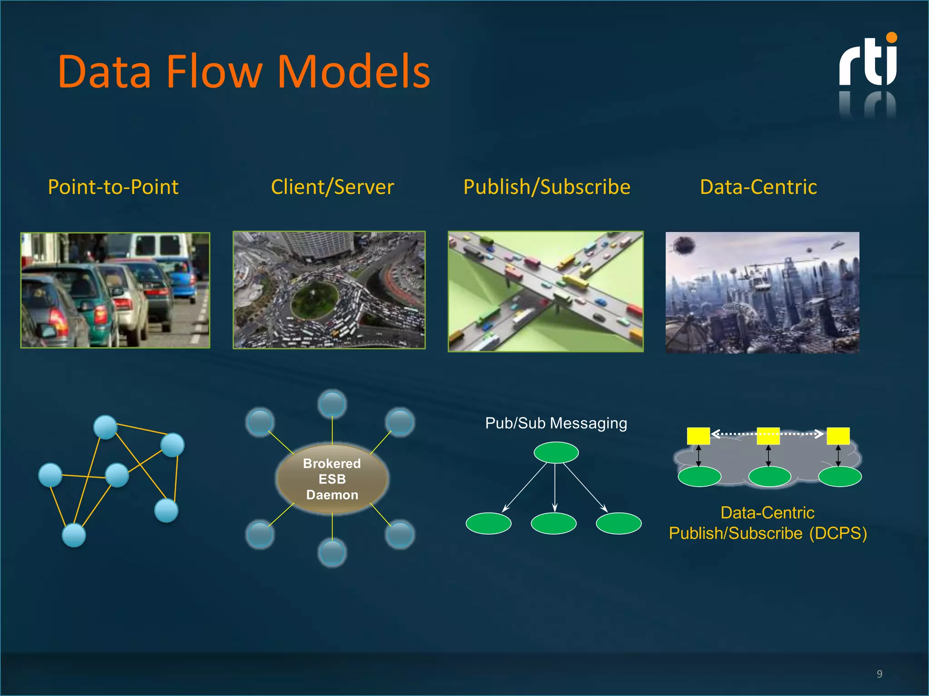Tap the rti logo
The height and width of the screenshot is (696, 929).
coord(868,61)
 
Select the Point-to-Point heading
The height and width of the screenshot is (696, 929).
coord(113,187)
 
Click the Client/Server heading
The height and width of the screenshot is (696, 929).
coord(332,187)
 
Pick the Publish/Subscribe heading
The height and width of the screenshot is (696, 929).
coord(547,187)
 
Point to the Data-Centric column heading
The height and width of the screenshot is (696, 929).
coord(758,187)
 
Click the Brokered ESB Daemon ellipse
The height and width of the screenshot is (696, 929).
coord(332,479)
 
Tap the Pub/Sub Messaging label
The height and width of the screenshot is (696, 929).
coord(556,423)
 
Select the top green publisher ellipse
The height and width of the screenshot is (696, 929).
coord(556,452)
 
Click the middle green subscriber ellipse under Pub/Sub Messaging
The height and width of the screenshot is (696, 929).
coord(553,523)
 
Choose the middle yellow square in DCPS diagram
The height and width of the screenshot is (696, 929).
coord(768,436)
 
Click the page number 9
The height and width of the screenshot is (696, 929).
coord(879,674)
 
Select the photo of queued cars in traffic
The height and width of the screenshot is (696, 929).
coord(115,290)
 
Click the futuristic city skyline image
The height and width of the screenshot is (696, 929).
coord(762,292)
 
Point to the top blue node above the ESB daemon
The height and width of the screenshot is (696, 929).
coord(332,403)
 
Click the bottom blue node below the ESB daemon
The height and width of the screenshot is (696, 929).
coord(332,553)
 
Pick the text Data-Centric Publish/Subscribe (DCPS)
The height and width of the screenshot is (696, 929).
coord(768,523)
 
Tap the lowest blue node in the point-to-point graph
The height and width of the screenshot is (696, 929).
coord(73,535)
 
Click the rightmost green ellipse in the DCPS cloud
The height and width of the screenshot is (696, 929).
coord(840,476)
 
